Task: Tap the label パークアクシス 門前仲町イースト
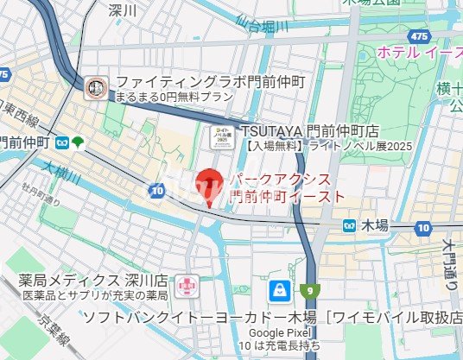click(285, 188)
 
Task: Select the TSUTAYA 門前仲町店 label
click(310, 129)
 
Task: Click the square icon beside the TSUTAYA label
click(224, 136)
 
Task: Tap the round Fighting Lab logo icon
click(96, 86)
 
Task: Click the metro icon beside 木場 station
click(349, 225)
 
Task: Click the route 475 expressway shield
click(420, 35)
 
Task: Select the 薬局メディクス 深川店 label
click(93, 281)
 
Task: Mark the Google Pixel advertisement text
click(278, 339)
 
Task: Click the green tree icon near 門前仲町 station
click(79, 141)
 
